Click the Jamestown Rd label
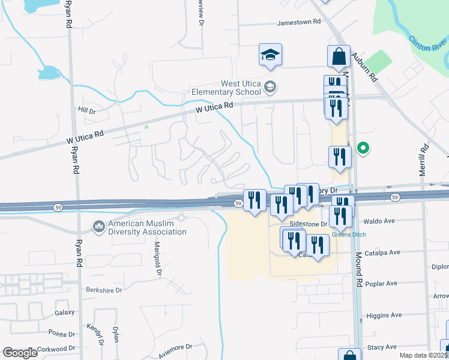[299, 22]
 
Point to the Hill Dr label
[87, 111]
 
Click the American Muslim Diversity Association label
[146, 227]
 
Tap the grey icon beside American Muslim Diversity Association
[98, 227]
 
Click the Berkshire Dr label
[103, 289]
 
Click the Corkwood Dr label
[56, 348]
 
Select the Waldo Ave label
[380, 221]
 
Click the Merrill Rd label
[424, 158]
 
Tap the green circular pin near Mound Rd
[363, 148]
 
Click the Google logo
[20, 353]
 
